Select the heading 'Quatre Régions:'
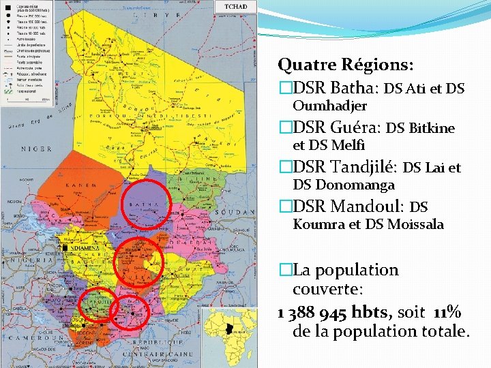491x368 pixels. pyautogui.click(x=345, y=65)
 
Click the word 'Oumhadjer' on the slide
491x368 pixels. pyautogui.click(x=329, y=106)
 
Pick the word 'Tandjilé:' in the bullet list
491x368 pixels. pyautogui.click(x=364, y=167)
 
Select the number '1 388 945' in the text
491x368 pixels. pyautogui.click(x=312, y=313)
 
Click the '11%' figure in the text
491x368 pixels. pyautogui.click(x=447, y=313)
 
